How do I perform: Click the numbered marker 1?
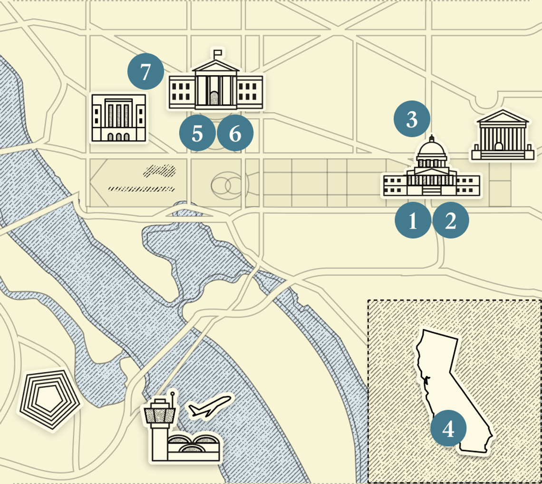pos(413,220)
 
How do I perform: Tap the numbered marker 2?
pos(450,220)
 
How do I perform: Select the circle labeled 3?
pos(412,119)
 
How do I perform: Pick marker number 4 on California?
pos(448,429)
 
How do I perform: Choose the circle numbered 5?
pos(197,134)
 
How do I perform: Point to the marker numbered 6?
pos(235,134)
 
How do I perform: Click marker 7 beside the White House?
pos(145,72)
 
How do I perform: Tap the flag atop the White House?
pos(218,52)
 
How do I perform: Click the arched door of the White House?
pos(215,98)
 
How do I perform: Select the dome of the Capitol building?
pos(432,151)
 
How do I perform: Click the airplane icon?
pos(210,407)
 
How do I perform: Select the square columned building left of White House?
pos(119,117)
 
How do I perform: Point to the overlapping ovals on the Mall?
pos(227,185)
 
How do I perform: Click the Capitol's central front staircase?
pos(432,190)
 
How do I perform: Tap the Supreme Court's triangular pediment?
pos(502,117)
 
